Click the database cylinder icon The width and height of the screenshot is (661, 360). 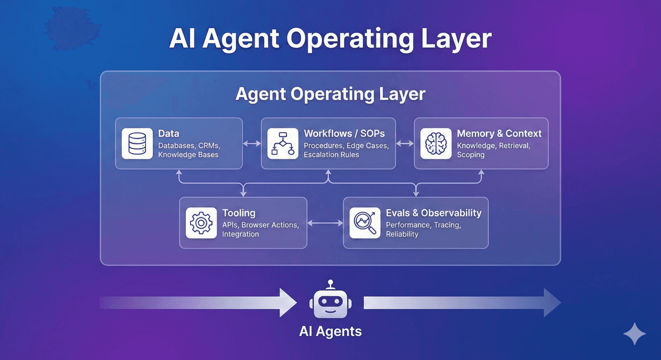pyautogui.click(x=137, y=143)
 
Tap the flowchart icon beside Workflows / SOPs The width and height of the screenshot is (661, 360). pyautogui.click(x=283, y=143)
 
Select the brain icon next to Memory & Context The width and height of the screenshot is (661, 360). pyautogui.click(x=436, y=143)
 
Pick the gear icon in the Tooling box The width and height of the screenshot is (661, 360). pyautogui.click(x=201, y=223)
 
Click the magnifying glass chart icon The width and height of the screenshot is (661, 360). pyautogui.click(x=365, y=223)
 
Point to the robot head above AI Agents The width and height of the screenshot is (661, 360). pyautogui.click(x=330, y=302)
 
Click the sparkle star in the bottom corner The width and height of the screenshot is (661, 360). pyautogui.click(x=634, y=334)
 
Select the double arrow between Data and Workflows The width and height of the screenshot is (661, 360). pyautogui.click(x=252, y=143)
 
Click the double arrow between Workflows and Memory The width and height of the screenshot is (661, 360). pyautogui.click(x=405, y=143)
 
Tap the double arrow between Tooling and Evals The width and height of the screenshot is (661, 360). pyautogui.click(x=325, y=223)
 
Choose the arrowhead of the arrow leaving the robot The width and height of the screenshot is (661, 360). pyautogui.click(x=552, y=302)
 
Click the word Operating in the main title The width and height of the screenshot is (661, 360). pyautogui.click(x=344, y=39)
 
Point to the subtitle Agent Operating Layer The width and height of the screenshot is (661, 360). pyautogui.click(x=330, y=94)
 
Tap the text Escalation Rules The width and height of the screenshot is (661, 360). pyautogui.click(x=331, y=155)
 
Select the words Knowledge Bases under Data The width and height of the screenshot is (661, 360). pyautogui.click(x=188, y=155)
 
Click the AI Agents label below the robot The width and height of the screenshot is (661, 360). pyautogui.click(x=330, y=331)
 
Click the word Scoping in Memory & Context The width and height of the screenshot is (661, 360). pyautogui.click(x=470, y=155)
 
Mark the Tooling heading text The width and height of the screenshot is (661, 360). pyautogui.click(x=239, y=213)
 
